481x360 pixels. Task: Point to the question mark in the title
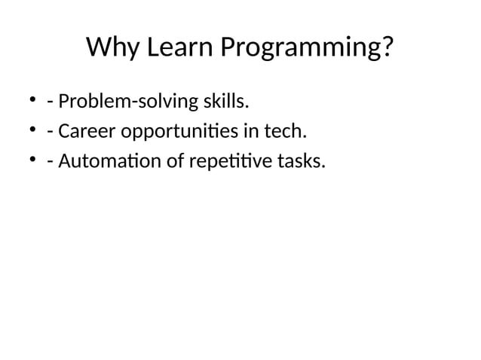click(387, 48)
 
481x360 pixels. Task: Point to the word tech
click(286, 131)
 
